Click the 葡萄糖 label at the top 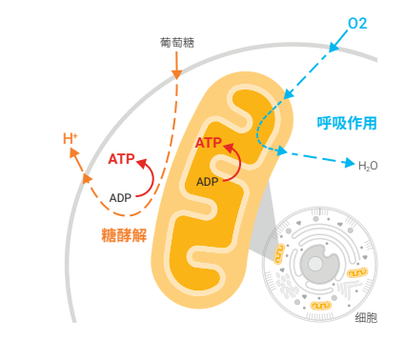177,43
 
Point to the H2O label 368,166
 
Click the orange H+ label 71,139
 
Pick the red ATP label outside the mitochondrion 121,159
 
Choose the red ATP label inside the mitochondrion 209,143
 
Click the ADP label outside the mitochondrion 120,197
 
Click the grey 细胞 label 365,318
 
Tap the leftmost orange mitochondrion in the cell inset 280,252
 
